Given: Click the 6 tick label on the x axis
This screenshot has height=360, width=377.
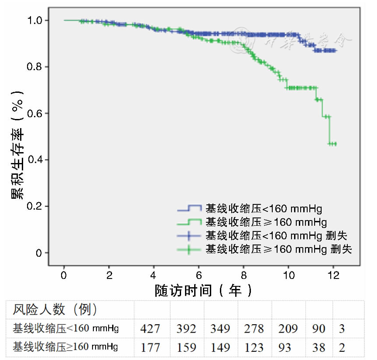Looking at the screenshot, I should click(199, 275).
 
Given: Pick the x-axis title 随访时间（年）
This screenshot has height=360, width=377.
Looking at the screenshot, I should click(204, 290).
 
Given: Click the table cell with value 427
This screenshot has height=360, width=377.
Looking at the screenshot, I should click(150, 328).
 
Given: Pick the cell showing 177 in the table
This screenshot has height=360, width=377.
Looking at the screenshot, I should click(150, 347).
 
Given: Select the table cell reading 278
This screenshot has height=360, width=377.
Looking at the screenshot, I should click(254, 328).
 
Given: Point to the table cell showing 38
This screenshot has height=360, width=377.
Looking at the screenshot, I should click(319, 347).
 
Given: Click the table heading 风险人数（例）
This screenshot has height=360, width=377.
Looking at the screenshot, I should click(55, 309).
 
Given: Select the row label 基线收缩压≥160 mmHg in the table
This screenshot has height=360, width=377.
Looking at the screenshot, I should click(65, 347).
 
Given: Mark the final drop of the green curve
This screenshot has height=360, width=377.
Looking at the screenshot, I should click(329, 130).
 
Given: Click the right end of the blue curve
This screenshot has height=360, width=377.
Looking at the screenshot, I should click(336, 51).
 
